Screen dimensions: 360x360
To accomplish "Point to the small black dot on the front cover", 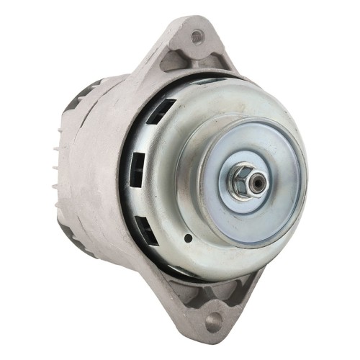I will (x=188, y=237).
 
